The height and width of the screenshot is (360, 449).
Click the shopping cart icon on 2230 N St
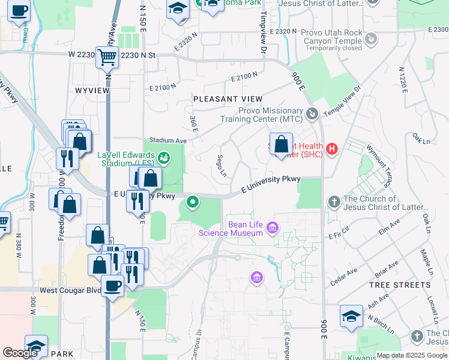coord(107,58)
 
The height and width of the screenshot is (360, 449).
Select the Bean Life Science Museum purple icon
coord(273,227)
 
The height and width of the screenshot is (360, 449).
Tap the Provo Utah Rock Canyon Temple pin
coord(372,38)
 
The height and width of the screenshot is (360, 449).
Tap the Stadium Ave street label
coord(168,140)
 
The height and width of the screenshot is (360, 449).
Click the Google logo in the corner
coord(20,353)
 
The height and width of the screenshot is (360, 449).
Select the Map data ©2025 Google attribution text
coord(412,355)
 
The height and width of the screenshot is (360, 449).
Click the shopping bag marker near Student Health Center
coord(280,144)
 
